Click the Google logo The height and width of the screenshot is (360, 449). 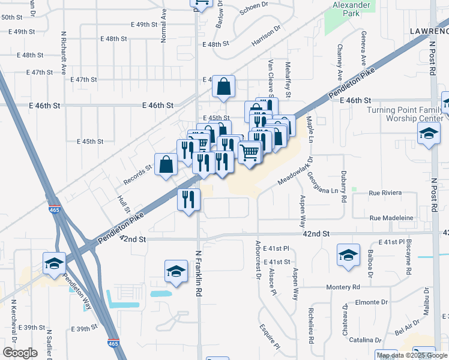click(x=20, y=353)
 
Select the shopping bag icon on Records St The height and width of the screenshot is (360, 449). click(x=166, y=165)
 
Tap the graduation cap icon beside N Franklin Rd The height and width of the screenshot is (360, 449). click(x=176, y=271)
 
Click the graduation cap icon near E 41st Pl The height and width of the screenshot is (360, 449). click(x=348, y=255)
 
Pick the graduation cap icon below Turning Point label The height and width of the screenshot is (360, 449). click(x=429, y=136)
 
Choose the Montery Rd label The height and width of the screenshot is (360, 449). click(x=343, y=287)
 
